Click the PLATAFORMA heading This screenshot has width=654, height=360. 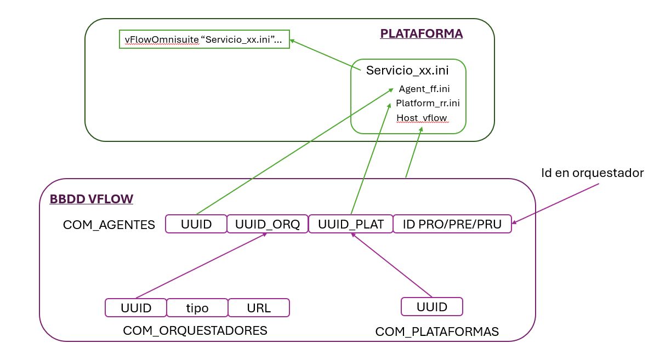[x=421, y=34]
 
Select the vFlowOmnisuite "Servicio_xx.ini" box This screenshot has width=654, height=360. [x=204, y=39]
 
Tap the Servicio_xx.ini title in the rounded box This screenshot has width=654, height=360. [x=407, y=70]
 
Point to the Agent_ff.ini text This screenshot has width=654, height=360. [x=424, y=89]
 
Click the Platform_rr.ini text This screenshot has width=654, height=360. [x=428, y=103]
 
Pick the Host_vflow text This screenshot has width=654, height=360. [x=422, y=118]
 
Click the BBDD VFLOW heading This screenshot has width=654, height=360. [x=91, y=199]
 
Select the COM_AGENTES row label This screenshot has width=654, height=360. [x=109, y=225]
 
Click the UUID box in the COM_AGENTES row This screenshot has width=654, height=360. [x=196, y=224]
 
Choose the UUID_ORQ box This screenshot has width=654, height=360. [x=267, y=224]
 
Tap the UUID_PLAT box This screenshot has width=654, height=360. [x=350, y=224]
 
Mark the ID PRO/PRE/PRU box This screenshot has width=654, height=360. [x=452, y=224]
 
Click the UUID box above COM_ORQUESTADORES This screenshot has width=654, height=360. [x=135, y=307]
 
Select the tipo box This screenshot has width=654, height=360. [x=197, y=307]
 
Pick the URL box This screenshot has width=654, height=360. [x=258, y=307]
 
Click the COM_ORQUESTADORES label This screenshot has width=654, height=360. [x=195, y=330]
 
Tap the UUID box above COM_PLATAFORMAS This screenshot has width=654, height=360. [x=432, y=306]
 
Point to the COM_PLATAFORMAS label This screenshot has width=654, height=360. [x=437, y=332]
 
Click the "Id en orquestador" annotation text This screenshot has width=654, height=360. [x=592, y=173]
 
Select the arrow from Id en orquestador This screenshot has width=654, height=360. [x=555, y=203]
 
